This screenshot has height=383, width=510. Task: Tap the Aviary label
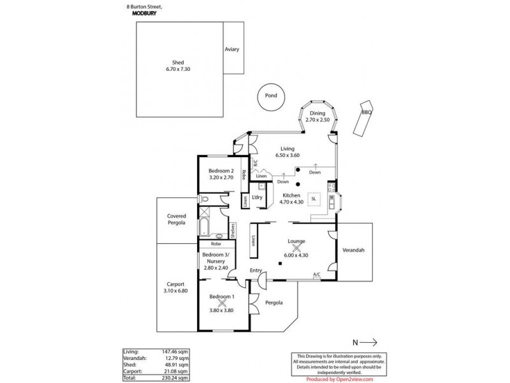click(231, 50)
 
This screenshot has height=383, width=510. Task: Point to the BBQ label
click(366, 112)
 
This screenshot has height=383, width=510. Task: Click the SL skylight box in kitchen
click(314, 199)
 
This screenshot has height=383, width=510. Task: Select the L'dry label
click(258, 197)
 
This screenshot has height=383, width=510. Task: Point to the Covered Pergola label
click(176, 220)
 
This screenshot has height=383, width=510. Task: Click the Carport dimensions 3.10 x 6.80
click(176, 291)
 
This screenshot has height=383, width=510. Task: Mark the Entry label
click(256, 271)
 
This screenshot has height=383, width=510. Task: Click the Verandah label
click(353, 250)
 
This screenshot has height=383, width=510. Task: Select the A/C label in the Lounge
click(316, 274)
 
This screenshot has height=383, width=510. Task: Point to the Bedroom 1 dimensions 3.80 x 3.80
click(222, 310)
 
